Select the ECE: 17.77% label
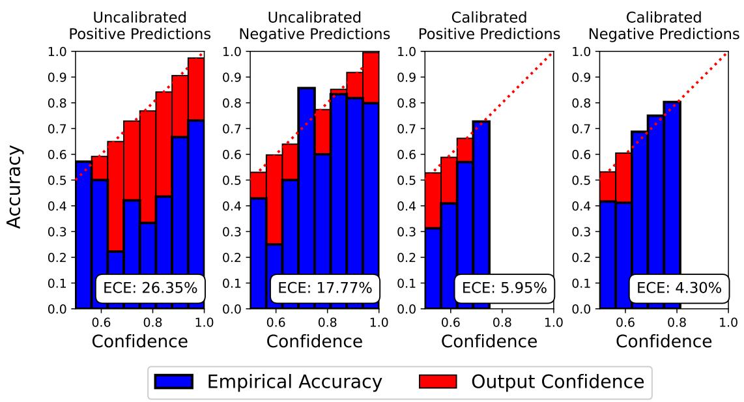point(325,288)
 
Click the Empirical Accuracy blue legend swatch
point(173,381)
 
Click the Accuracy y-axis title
point(14,186)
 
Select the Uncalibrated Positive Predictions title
point(139,25)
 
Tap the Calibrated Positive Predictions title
point(489,25)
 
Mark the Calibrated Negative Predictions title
point(664,25)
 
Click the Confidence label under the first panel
point(139,341)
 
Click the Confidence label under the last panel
point(664,341)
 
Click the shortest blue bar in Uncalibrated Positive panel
point(115,280)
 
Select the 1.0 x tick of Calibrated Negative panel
point(728,322)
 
